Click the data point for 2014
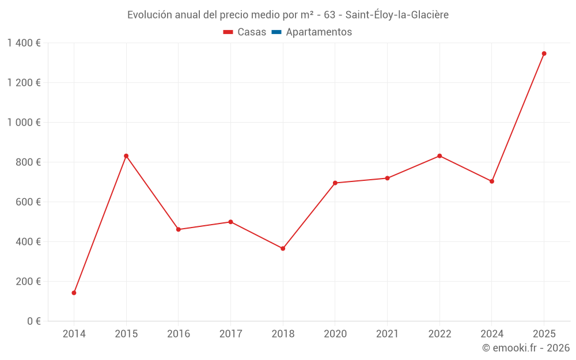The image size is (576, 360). click(74, 293)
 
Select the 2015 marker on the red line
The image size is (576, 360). click(126, 156)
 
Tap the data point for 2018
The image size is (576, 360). click(283, 248)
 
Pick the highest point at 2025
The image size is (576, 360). click(544, 54)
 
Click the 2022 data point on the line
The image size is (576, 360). click(439, 156)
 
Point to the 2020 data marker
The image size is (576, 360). click(335, 183)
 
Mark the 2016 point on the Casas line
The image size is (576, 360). click(179, 229)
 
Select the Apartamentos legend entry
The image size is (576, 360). click(319, 32)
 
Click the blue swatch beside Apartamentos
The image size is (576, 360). click(276, 32)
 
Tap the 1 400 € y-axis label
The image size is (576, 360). click(24, 43)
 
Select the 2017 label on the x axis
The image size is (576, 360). click(230, 334)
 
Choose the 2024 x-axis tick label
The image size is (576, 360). click(491, 334)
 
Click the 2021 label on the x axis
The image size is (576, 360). click(387, 334)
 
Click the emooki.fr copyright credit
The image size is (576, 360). click(525, 348)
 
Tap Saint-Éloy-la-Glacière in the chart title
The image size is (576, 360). click(397, 15)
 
